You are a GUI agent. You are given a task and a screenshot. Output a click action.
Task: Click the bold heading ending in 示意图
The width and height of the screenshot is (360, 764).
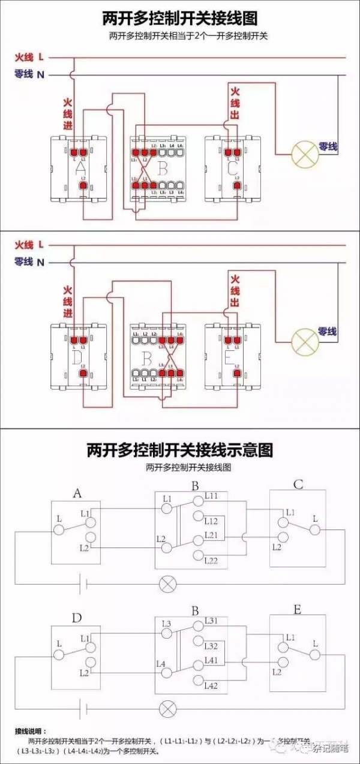(180, 450)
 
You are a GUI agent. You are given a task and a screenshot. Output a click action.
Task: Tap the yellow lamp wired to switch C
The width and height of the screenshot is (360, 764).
(304, 154)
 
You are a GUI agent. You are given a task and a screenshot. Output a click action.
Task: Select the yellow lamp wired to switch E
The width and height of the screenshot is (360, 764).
(304, 342)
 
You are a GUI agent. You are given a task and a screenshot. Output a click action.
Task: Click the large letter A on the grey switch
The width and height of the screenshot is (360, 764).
(81, 169)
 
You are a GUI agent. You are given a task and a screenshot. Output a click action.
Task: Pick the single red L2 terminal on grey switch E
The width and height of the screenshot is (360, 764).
(237, 374)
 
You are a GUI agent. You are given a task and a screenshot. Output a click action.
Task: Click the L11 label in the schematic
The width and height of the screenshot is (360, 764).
(212, 496)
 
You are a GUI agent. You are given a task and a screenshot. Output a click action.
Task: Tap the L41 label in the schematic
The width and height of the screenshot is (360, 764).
(211, 660)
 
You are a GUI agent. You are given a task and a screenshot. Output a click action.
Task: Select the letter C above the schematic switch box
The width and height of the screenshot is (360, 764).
(298, 485)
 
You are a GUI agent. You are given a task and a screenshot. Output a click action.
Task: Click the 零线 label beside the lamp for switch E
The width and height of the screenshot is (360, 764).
(328, 332)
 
